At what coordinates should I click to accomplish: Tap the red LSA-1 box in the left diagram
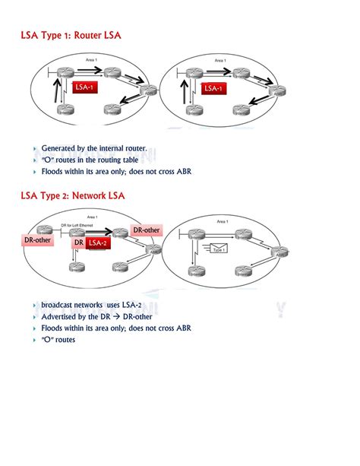84,88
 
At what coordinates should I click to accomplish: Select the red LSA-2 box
98,243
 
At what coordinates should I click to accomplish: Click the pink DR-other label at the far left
38,240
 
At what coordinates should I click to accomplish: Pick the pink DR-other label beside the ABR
147,230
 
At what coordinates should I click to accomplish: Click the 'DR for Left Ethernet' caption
82,224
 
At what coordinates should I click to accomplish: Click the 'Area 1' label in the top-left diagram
90,60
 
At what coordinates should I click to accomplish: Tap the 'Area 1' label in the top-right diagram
220,60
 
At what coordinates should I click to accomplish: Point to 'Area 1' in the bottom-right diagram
223,221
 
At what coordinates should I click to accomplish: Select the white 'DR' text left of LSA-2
78,243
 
